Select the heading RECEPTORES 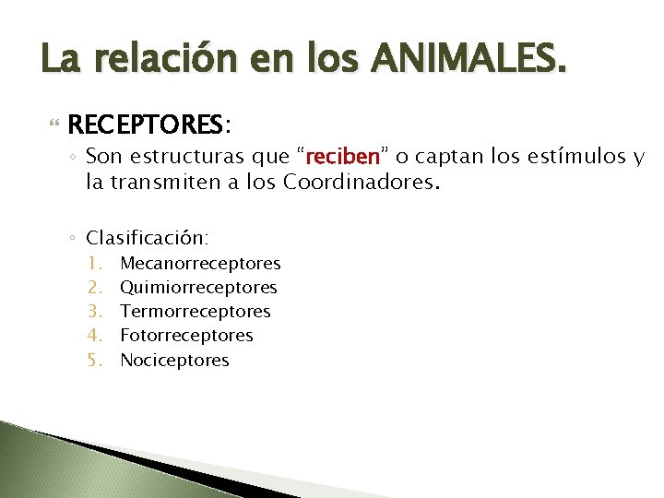coord(145,123)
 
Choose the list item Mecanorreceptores coord(200,264)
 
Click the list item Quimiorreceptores coord(198,288)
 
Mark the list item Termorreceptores coord(196,312)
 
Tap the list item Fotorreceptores coord(186,336)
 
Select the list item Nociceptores coord(174,361)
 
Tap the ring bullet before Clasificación coord(73,238)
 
